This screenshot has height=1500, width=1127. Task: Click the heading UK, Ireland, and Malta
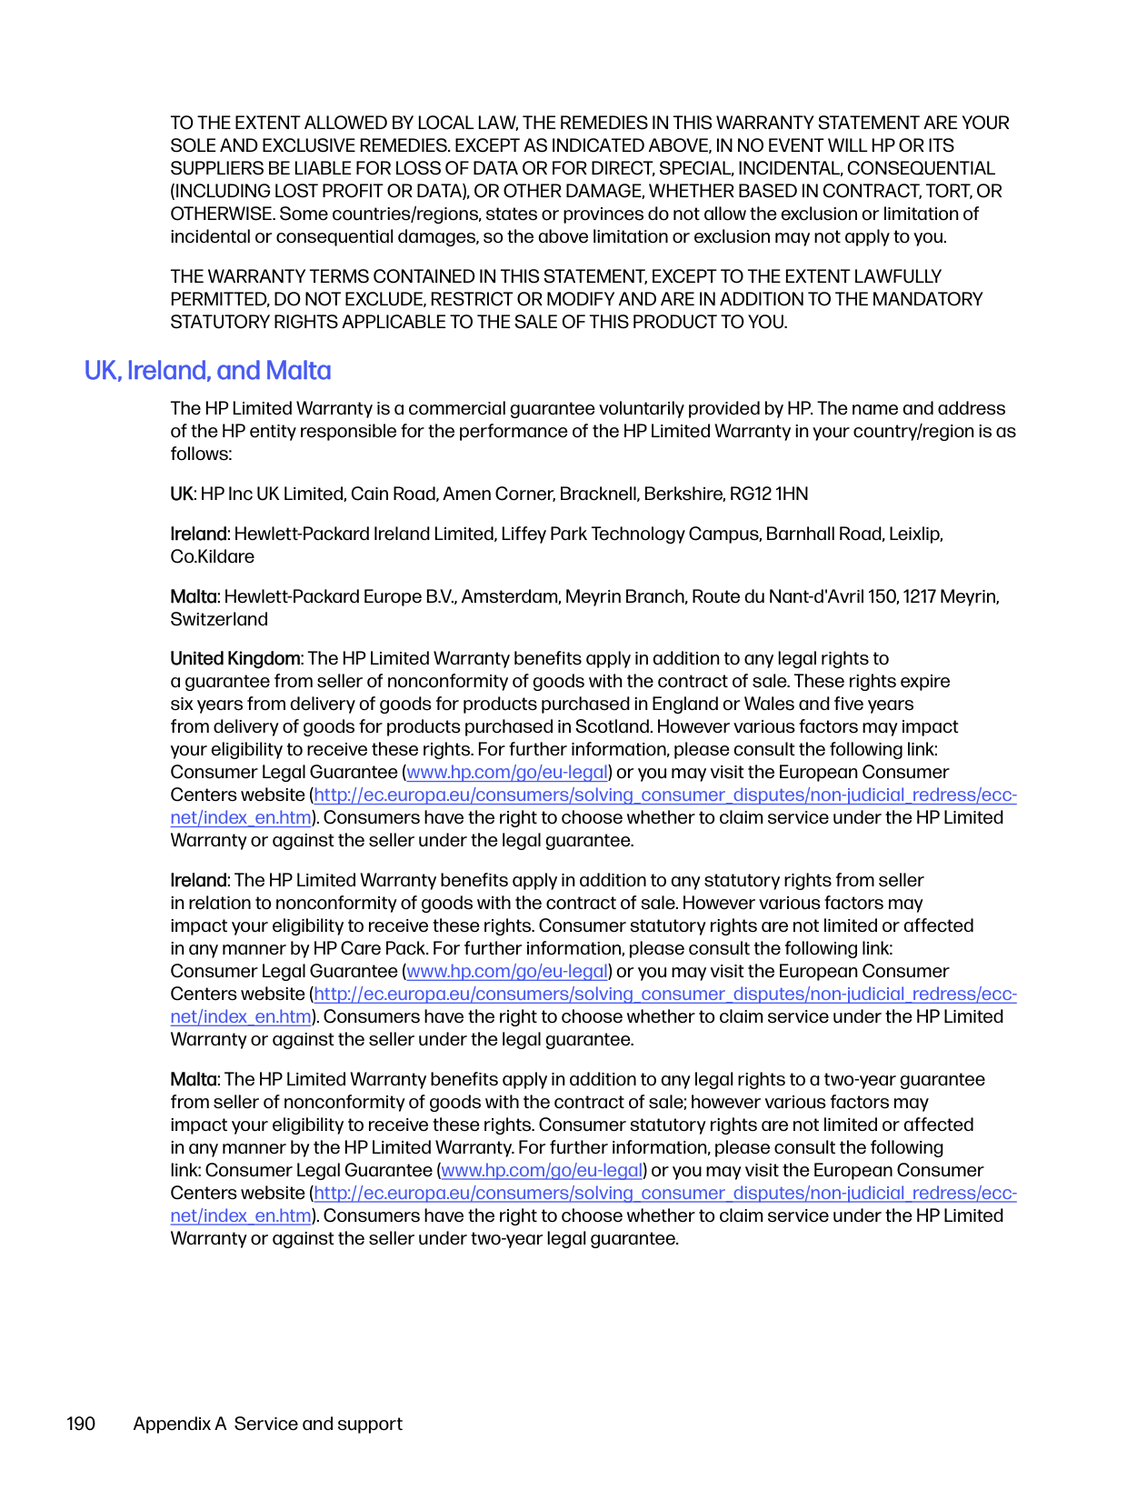tap(207, 371)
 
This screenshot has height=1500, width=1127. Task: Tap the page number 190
tap(81, 1424)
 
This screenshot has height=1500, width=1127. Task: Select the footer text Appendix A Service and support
tap(267, 1424)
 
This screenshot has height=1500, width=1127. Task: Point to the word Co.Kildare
tap(213, 556)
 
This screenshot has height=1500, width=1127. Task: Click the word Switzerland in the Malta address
tap(219, 619)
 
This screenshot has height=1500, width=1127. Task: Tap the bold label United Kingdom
tap(235, 658)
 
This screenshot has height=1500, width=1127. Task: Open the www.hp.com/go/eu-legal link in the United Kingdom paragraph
tap(507, 772)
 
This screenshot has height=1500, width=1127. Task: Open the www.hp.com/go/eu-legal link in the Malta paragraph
tap(542, 1170)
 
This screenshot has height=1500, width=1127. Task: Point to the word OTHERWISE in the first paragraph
tap(221, 214)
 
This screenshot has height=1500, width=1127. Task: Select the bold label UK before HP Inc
tap(182, 494)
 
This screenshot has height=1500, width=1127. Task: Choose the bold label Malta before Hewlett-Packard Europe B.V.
tap(194, 596)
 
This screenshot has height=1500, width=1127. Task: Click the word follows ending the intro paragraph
tap(200, 454)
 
